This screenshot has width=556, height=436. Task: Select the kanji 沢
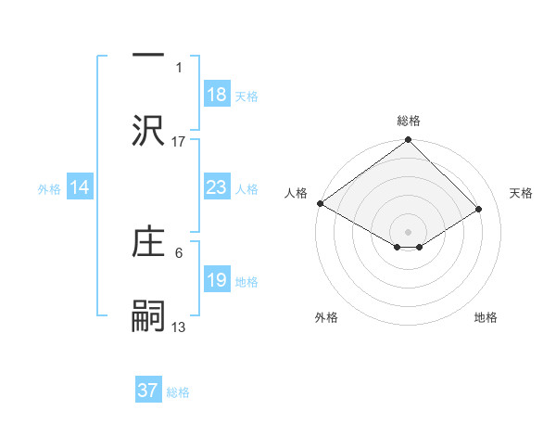pyautogui.click(x=149, y=129)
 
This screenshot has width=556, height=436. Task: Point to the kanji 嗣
pyautogui.click(x=149, y=315)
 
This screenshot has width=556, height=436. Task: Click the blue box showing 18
pyautogui.click(x=216, y=95)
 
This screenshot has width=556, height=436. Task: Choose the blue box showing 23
pyautogui.click(x=216, y=187)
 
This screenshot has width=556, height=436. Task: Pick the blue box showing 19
pyautogui.click(x=216, y=280)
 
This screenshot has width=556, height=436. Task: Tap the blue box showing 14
pyautogui.click(x=80, y=187)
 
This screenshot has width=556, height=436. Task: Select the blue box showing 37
pyautogui.click(x=148, y=391)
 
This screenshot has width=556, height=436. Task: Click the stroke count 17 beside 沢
pyautogui.click(x=179, y=141)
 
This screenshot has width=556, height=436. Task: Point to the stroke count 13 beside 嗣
pyautogui.click(x=179, y=327)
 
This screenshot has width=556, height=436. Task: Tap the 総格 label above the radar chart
pyautogui.click(x=408, y=121)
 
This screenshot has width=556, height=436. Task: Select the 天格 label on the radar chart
pyautogui.click(x=521, y=193)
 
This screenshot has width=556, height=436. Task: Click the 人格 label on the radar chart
pyautogui.click(x=295, y=193)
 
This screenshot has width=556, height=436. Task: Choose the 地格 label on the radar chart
pyautogui.click(x=486, y=317)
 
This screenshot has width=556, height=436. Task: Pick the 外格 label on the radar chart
pyautogui.click(x=326, y=317)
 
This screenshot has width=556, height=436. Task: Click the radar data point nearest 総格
pyautogui.click(x=408, y=141)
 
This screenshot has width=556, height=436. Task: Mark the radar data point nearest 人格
pyautogui.click(x=320, y=203)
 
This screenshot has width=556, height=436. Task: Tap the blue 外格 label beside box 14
pyautogui.click(x=49, y=188)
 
